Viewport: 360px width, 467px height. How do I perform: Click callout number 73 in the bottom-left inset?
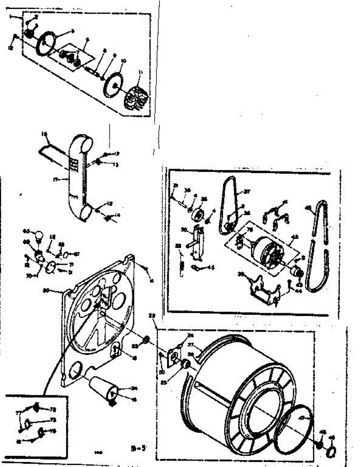pos(53,420)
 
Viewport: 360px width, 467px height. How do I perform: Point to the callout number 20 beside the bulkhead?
pos(46,290)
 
